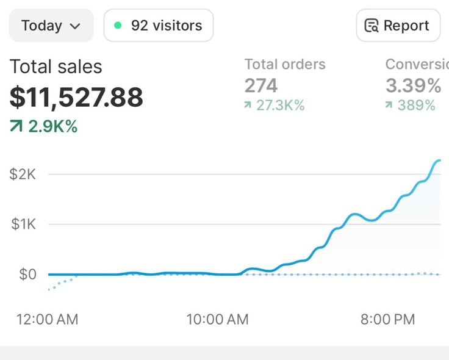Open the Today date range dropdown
pyautogui.click(x=51, y=26)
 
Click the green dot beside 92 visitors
pyautogui.click(x=118, y=26)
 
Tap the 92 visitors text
pyautogui.click(x=167, y=26)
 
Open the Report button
pyautogui.click(x=398, y=26)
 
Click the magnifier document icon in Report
pyautogui.click(x=372, y=26)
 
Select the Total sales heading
pyautogui.click(x=56, y=67)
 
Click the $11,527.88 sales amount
pyautogui.click(x=76, y=98)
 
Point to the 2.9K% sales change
pyautogui.click(x=53, y=126)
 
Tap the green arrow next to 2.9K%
pyautogui.click(x=16, y=126)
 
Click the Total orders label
pyautogui.click(x=285, y=64)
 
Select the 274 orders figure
pyautogui.click(x=261, y=85)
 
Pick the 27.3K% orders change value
pyautogui.click(x=281, y=105)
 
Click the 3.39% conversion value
pyautogui.click(x=413, y=85)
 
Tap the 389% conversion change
pyautogui.click(x=416, y=105)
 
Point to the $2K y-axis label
pyautogui.click(x=23, y=174)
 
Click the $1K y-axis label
pyautogui.click(x=23, y=224)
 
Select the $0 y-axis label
pyautogui.click(x=28, y=275)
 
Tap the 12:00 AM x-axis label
pyautogui.click(x=47, y=319)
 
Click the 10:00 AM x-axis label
pyautogui.click(x=217, y=319)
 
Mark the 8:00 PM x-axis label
pyautogui.click(x=388, y=319)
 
